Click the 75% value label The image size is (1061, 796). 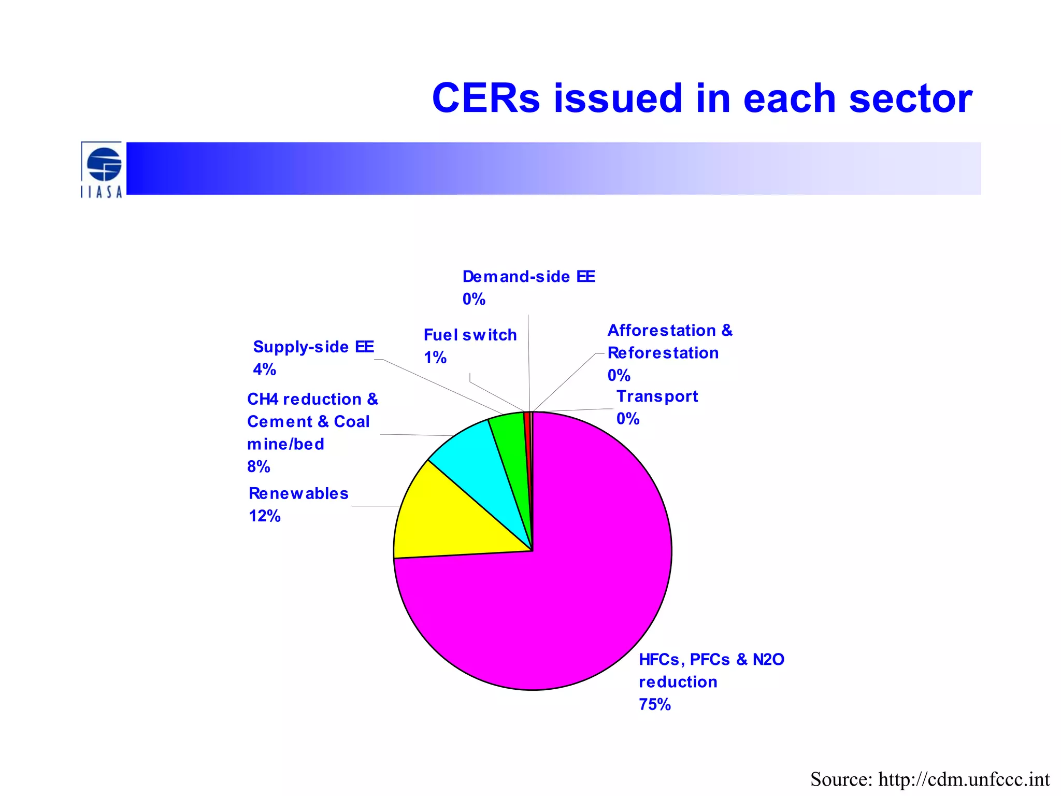(654, 704)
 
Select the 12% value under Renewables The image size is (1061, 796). (264, 516)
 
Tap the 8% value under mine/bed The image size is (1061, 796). (259, 466)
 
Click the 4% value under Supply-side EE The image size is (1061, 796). (264, 369)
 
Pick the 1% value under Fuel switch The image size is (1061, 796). (435, 357)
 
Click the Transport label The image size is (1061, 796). (656, 396)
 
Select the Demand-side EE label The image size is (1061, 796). (528, 276)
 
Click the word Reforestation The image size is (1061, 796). (663, 352)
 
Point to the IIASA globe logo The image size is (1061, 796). (104, 165)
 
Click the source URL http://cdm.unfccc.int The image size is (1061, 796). (964, 779)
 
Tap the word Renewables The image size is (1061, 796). (298, 493)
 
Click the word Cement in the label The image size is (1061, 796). (279, 421)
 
